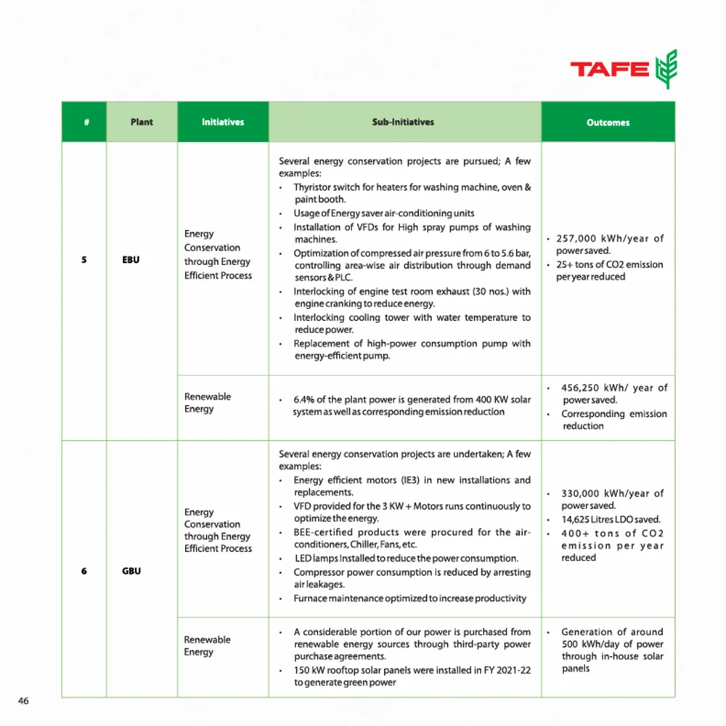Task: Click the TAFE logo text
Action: click(609, 70)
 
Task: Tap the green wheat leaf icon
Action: click(665, 69)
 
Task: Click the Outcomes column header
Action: click(608, 123)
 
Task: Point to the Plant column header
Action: click(142, 122)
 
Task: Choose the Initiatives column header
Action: click(223, 122)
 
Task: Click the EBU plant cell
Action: click(131, 259)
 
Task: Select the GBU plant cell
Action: click(131, 571)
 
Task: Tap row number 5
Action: click(84, 259)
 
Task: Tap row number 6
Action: click(84, 571)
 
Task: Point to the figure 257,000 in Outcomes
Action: click(578, 239)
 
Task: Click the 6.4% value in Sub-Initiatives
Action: click(303, 400)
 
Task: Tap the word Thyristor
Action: click(313, 187)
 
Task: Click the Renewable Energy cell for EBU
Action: click(208, 403)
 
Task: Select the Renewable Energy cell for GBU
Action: click(208, 645)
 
